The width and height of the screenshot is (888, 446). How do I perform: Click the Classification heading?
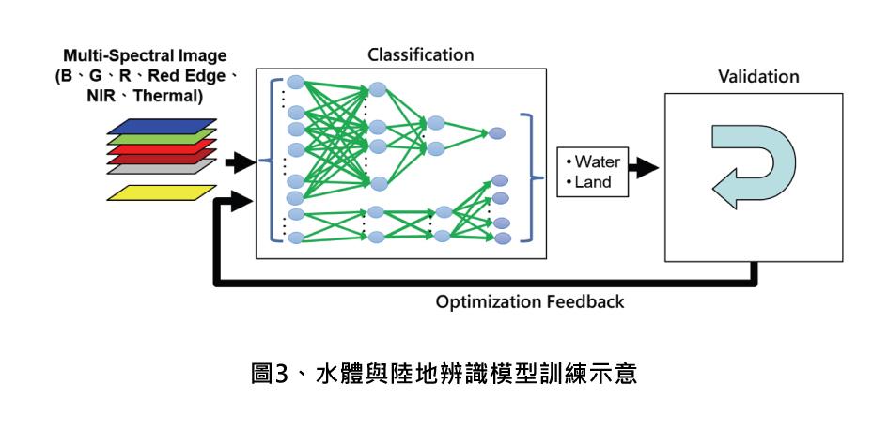(420, 54)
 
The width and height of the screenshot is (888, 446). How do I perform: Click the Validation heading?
(758, 77)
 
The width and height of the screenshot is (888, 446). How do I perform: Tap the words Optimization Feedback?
(530, 302)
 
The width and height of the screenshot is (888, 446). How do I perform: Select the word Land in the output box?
(592, 182)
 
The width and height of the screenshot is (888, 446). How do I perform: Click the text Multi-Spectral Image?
(145, 56)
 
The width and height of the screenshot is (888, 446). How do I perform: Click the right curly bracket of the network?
(537, 177)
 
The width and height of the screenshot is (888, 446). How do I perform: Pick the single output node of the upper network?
(497, 133)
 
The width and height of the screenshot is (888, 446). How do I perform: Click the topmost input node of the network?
(295, 82)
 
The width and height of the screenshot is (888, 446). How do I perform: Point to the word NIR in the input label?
(101, 96)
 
